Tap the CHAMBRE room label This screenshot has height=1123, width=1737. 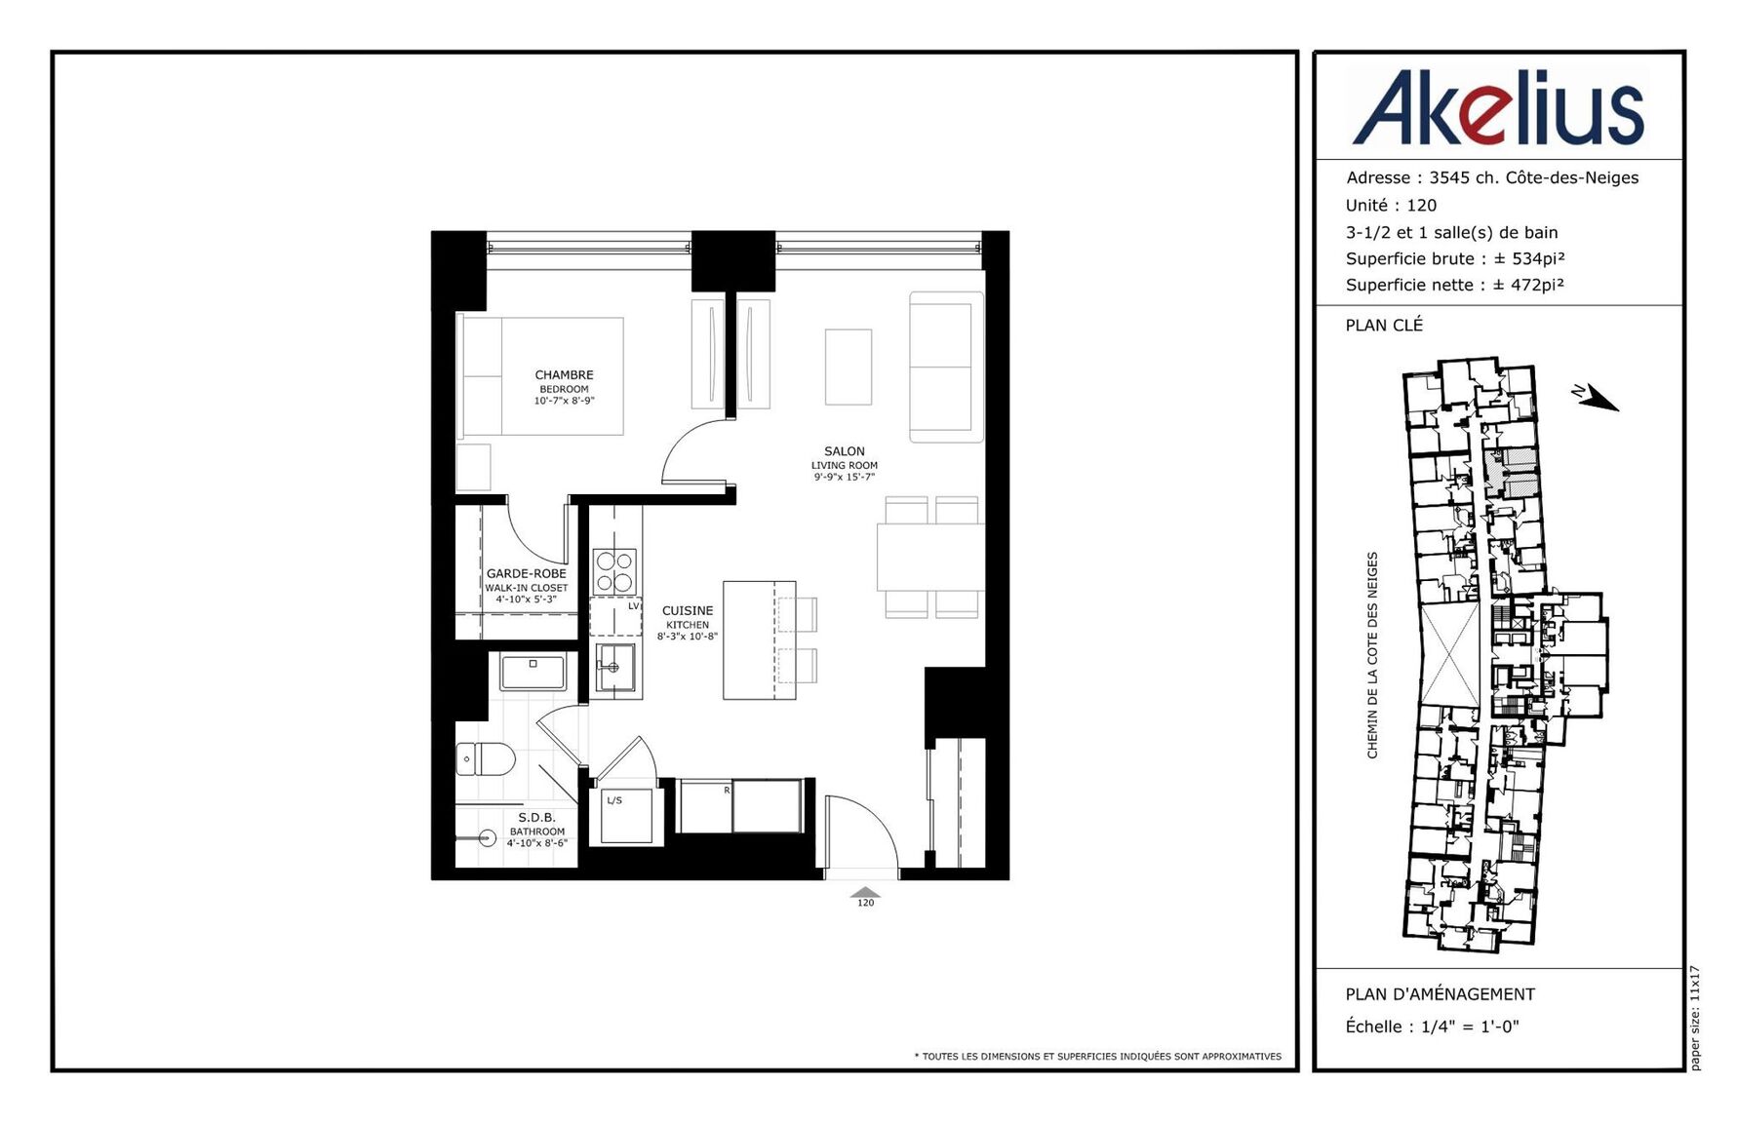[x=564, y=387]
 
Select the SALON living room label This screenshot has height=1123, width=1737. [x=845, y=464]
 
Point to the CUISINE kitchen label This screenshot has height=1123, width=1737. [x=688, y=623]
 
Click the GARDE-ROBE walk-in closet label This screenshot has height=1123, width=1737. [x=527, y=586]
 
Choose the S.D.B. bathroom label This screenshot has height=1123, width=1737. [x=536, y=830]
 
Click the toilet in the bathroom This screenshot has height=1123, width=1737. [x=485, y=758]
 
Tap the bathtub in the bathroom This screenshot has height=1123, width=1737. [x=533, y=673]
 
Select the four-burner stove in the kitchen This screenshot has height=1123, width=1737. [x=614, y=571]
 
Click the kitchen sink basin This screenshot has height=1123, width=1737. [x=615, y=667]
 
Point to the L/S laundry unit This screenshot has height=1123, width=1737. [x=625, y=815]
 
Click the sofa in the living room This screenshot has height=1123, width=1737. [x=946, y=367]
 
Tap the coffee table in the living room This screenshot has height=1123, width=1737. [x=849, y=367]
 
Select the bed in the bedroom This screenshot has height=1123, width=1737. [x=539, y=376]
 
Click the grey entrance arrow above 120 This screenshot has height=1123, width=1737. [x=865, y=892]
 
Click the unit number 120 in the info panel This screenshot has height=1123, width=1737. [x=1422, y=205]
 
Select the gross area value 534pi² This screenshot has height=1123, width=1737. [x=1538, y=258]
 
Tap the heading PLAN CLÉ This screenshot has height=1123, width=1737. [x=1384, y=325]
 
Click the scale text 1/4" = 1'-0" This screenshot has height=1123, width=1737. [x=1470, y=1026]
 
